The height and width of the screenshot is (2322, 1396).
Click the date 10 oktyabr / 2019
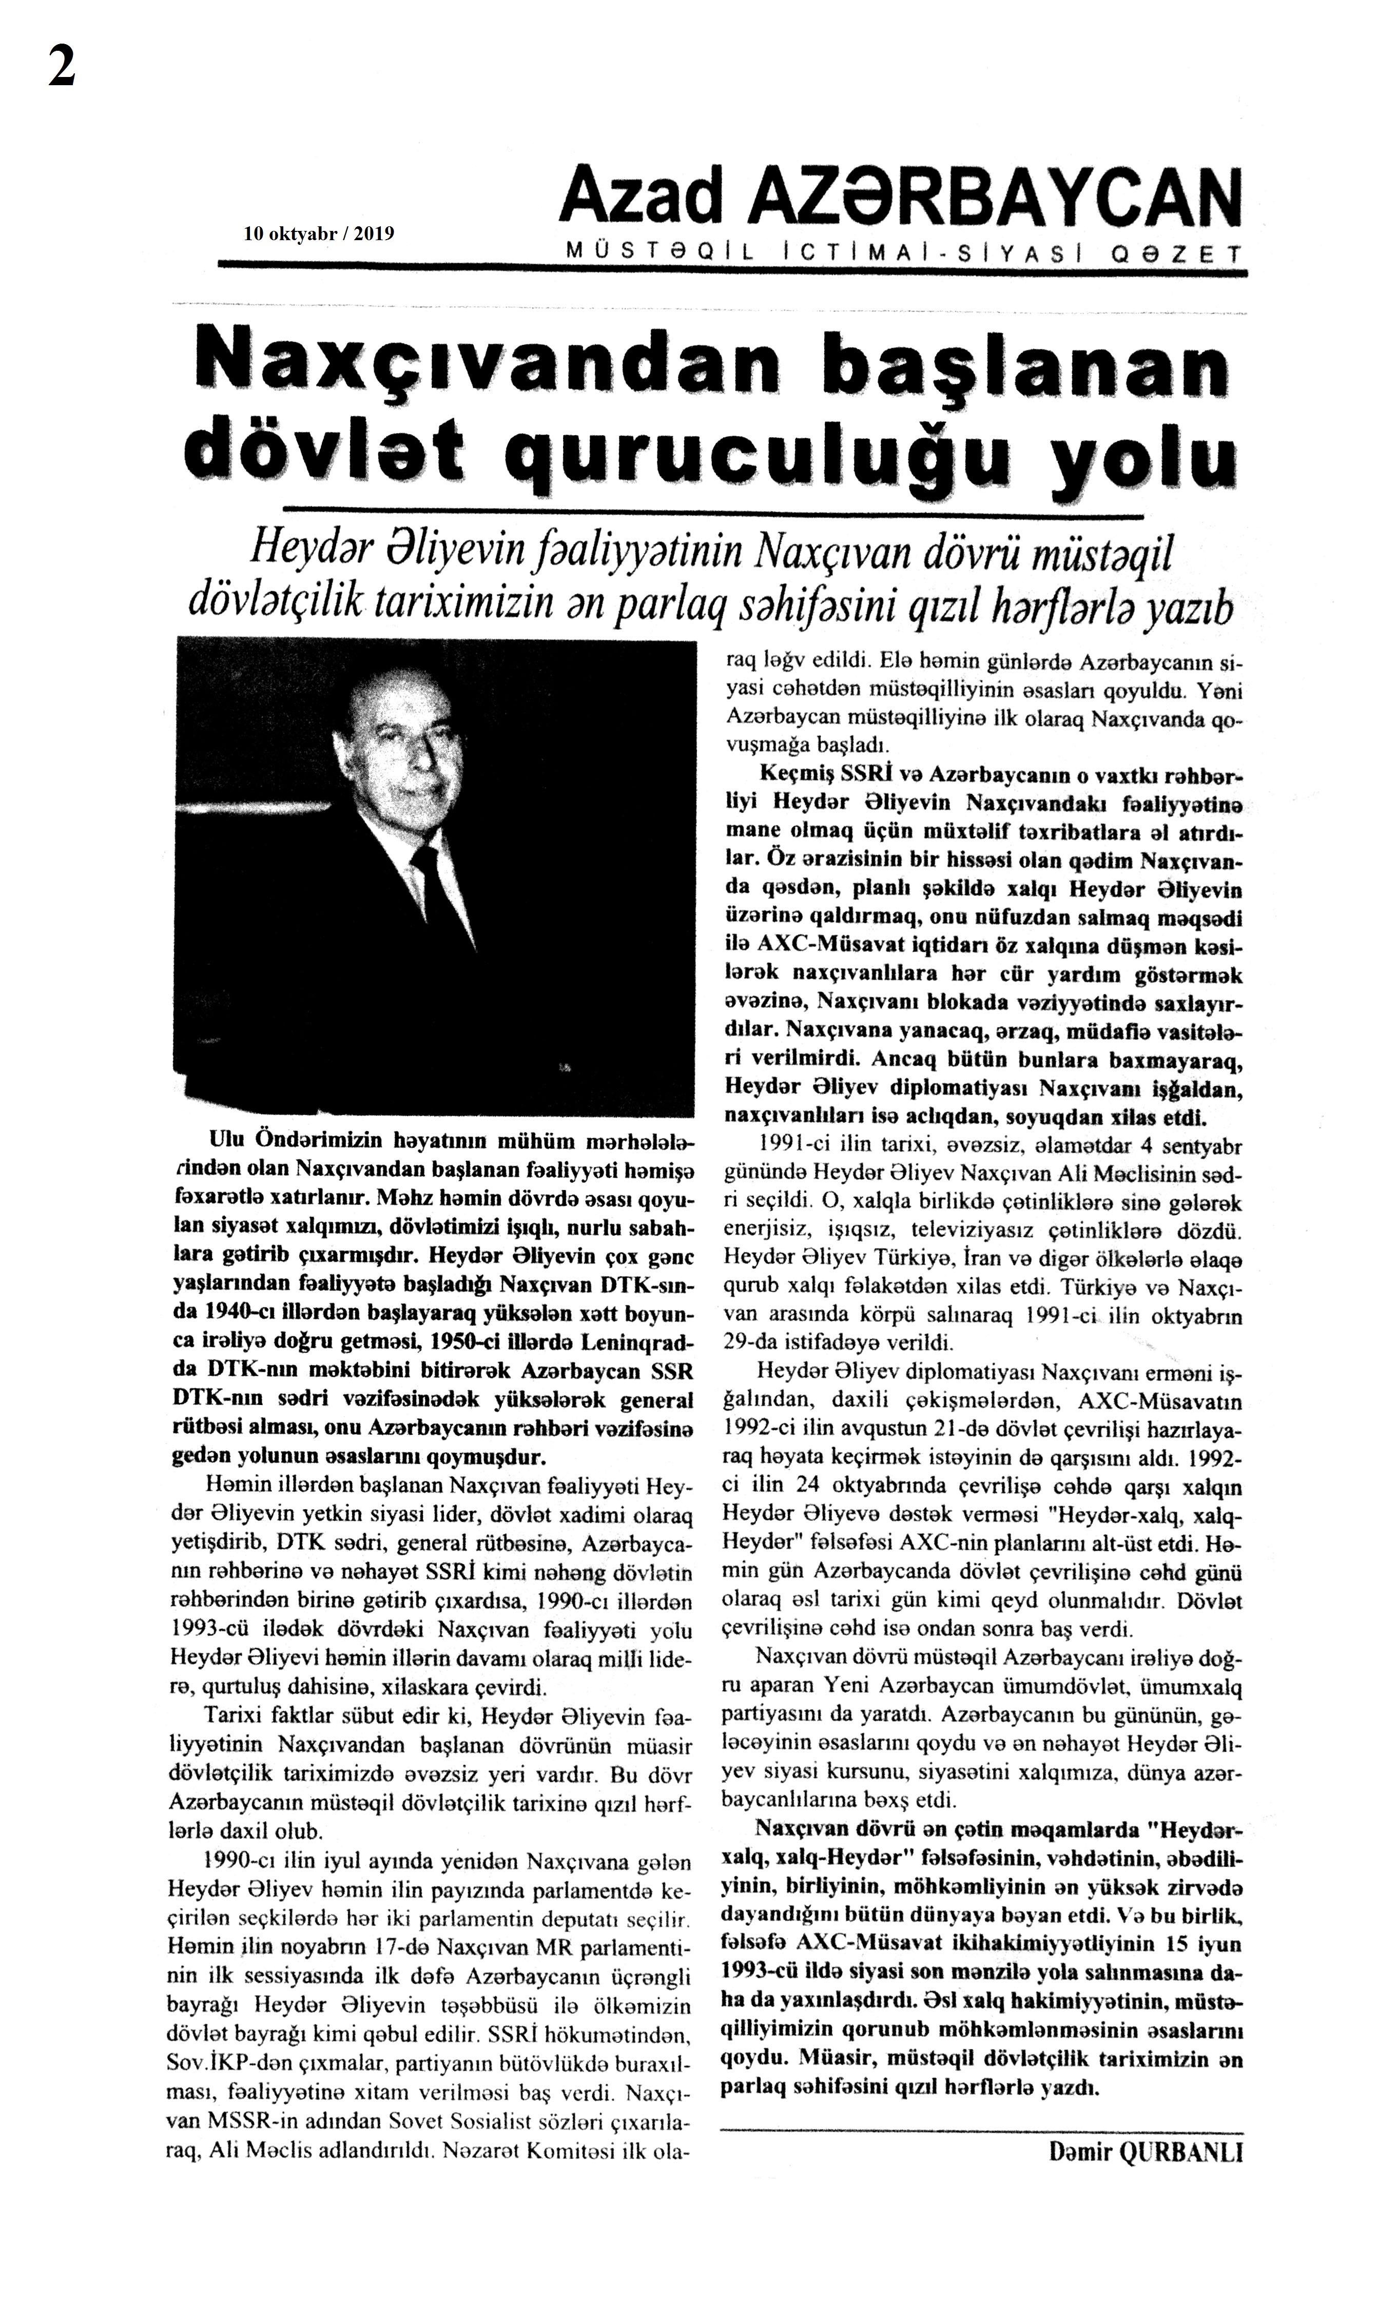click(x=318, y=234)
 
